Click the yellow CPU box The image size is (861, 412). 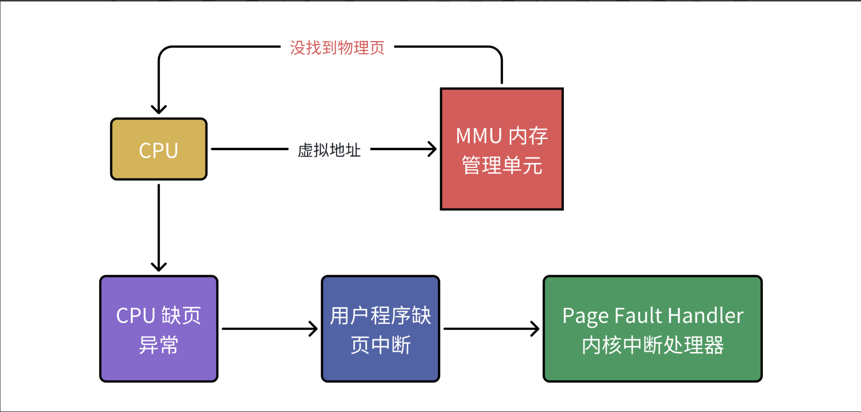159,149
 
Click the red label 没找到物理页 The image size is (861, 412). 337,47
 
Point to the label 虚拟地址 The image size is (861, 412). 329,150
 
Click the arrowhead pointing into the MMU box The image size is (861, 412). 432,149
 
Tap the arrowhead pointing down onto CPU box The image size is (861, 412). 159,109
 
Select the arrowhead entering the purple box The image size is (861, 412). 159,267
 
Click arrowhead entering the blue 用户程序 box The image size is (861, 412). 314,329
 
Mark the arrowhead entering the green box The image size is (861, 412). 536,329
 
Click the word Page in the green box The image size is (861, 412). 585,316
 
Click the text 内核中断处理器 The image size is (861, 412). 652,345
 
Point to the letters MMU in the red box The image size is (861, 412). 479,136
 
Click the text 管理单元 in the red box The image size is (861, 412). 502,165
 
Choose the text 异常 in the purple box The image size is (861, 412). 159,345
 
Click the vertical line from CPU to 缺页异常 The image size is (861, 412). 159,225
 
